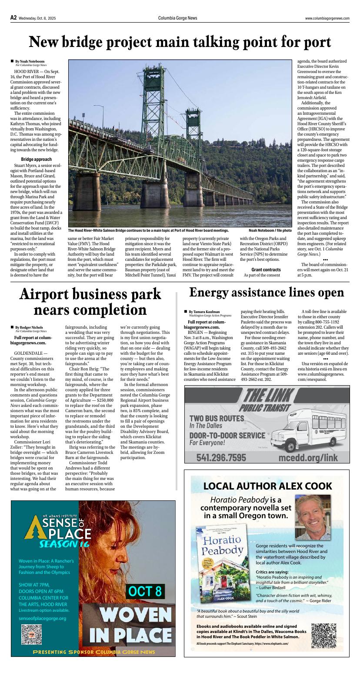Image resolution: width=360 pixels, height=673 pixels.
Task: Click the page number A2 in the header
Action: pos(13,18)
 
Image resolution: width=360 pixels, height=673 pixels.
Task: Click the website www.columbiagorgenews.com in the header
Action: pos(327,18)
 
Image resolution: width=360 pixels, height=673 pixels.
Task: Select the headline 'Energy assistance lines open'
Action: pos(267,293)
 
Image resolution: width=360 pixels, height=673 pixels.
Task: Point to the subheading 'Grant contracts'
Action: pos(266,270)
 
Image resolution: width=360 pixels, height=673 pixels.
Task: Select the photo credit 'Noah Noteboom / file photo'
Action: pos(270,230)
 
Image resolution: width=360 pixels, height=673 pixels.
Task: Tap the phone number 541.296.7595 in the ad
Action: pos(221,457)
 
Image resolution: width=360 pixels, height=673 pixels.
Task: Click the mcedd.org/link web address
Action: pos(308,457)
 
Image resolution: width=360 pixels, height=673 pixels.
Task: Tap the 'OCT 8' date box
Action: pos(145,591)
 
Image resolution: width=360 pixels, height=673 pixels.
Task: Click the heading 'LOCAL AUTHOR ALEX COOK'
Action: pos(267,486)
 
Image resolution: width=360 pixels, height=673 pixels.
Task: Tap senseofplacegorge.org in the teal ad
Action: pos(42,618)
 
